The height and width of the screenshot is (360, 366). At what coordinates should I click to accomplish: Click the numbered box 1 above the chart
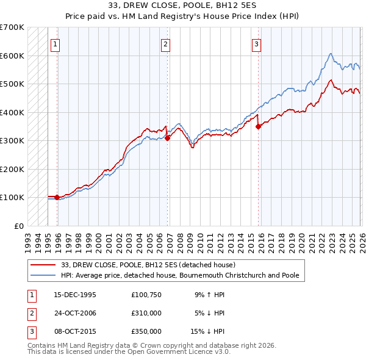55,43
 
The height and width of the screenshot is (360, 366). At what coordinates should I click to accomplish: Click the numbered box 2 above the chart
166,43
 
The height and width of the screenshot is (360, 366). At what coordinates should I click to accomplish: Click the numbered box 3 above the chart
257,43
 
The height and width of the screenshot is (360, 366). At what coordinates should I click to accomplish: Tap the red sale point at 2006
168,138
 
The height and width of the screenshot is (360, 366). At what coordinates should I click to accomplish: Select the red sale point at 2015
259,127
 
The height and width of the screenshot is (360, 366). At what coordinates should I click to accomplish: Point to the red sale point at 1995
57,197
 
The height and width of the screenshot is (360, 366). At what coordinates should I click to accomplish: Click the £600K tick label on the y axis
12,56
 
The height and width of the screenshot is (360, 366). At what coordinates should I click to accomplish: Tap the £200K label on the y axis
12,169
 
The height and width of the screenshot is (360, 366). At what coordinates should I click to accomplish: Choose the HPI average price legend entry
180,275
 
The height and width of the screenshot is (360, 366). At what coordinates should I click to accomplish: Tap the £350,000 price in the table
146,331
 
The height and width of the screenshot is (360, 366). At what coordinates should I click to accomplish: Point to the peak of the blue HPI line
330,54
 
